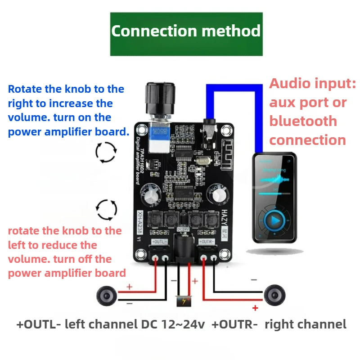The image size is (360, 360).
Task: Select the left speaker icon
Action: (x=107, y=296)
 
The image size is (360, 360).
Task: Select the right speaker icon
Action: (x=274, y=296)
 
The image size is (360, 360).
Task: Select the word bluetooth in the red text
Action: (x=303, y=121)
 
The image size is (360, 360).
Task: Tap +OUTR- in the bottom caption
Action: (x=236, y=324)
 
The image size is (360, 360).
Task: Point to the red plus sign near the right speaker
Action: (x=255, y=308)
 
